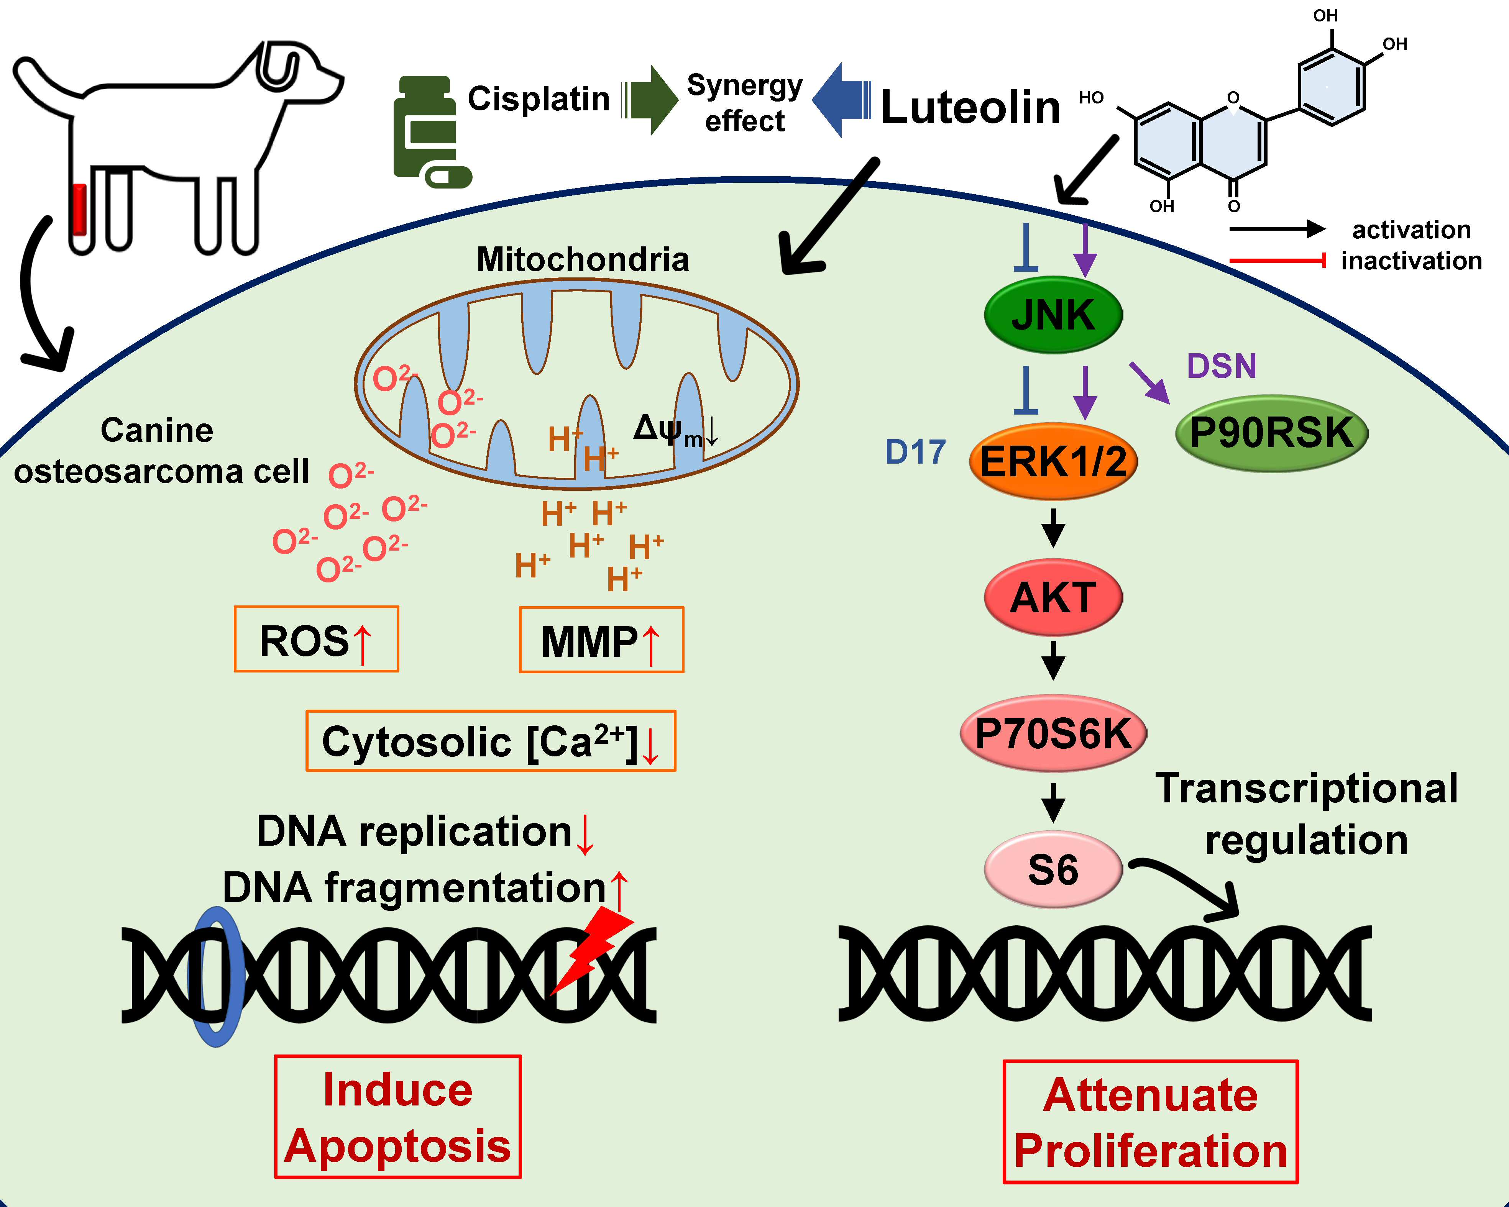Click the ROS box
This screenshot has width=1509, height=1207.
click(x=316, y=639)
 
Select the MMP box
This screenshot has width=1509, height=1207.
click(x=601, y=640)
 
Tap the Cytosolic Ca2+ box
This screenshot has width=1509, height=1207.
click(x=491, y=741)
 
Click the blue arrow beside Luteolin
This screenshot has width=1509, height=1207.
click(x=842, y=100)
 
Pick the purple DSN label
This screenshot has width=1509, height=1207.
click(x=1221, y=366)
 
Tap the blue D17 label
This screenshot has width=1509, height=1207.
click(x=915, y=452)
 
